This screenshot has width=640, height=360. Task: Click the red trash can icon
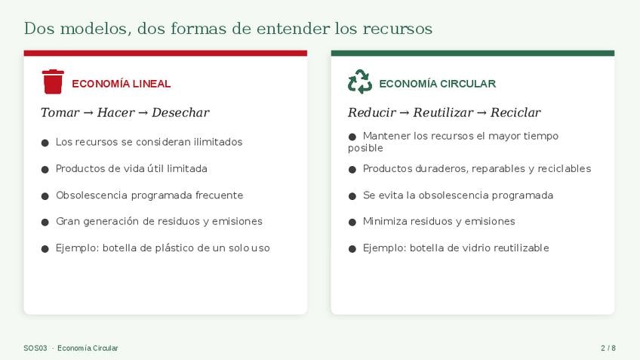[53, 82]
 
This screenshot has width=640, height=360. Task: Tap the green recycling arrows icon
[360, 82]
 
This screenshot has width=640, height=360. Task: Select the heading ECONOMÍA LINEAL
[122, 84]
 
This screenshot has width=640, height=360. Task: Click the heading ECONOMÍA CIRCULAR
[437, 84]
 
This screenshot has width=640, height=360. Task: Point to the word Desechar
[180, 112]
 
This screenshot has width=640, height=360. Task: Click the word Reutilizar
[443, 112]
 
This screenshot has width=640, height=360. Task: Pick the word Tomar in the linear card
[60, 112]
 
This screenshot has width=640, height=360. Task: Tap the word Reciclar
[515, 112]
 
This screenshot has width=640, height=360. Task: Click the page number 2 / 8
[608, 348]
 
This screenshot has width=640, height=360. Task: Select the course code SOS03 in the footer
[35, 348]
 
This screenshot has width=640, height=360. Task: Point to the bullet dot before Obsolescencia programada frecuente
[45, 196]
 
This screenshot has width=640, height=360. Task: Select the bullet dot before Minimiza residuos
[352, 223]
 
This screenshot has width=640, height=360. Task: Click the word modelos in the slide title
[96, 29]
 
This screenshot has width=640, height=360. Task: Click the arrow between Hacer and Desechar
[143, 113]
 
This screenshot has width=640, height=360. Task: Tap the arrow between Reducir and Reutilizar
[404, 113]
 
